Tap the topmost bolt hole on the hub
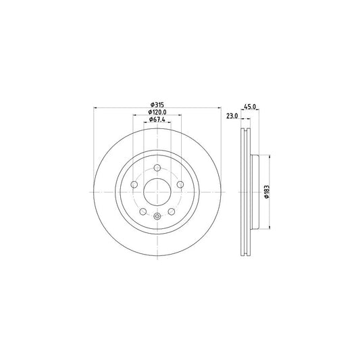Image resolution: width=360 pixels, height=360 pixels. click(157, 168)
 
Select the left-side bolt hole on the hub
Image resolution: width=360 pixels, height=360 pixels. click(134, 184)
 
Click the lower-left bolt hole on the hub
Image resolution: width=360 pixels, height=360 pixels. click(143, 211)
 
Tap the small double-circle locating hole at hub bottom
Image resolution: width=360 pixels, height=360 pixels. click(157, 216)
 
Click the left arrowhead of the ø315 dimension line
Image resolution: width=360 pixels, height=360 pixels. click(95, 108)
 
